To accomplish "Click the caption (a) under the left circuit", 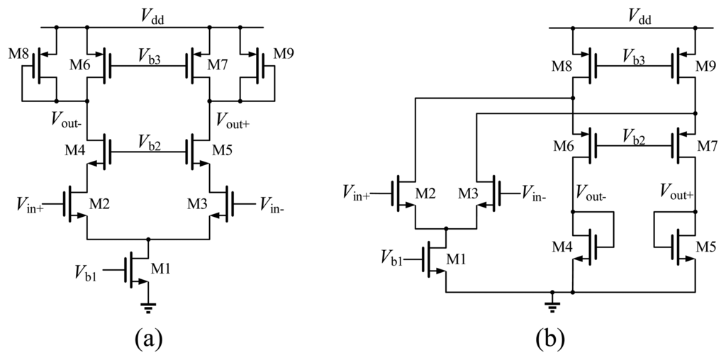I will [149, 338].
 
